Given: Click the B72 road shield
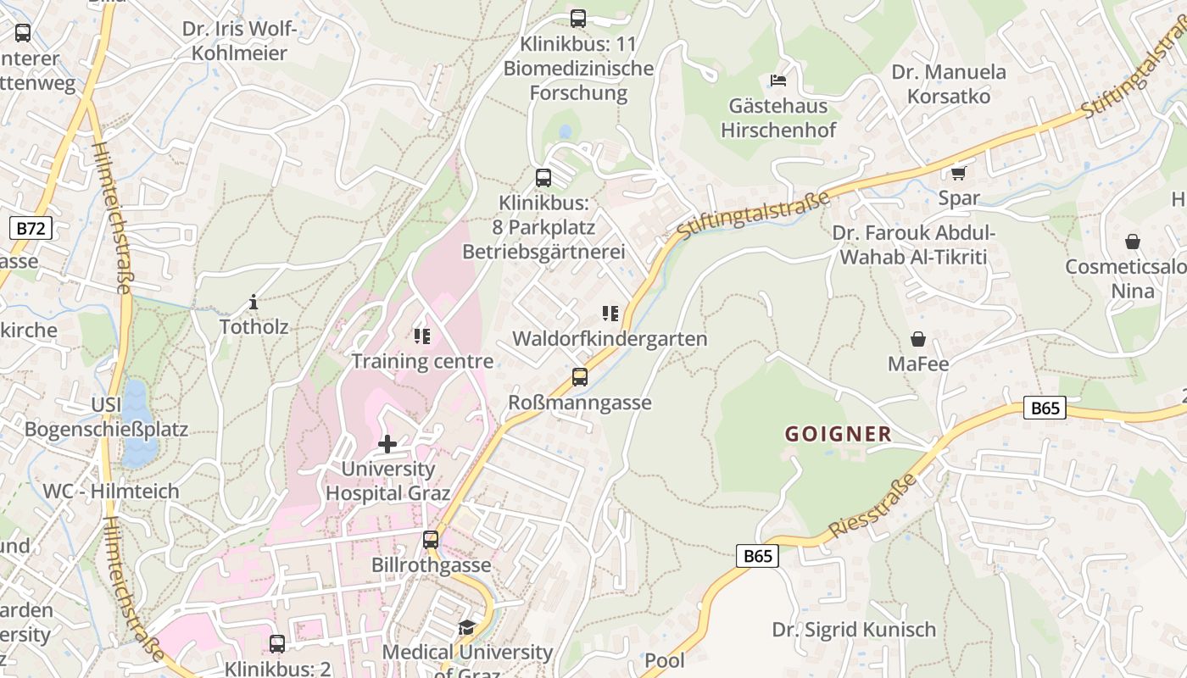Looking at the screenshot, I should coord(31,227).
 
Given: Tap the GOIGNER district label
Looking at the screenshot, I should coord(838,435).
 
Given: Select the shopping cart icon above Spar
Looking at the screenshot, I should coord(958,173).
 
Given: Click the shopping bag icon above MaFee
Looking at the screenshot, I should coord(917,339).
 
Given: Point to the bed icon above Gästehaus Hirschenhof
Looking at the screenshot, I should coord(777,81).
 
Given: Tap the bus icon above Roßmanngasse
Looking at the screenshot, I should coord(579,377).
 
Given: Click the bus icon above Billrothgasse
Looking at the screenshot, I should coord(431,540).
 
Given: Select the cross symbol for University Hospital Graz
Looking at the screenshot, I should coord(387,443).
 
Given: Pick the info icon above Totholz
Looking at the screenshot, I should coord(253,302).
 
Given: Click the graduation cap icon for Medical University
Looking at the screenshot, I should coord(466,627).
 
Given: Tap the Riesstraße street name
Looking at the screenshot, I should coord(872,506).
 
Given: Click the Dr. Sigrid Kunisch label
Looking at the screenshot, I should coord(854,630).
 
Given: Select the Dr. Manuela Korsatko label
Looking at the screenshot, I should coord(948,84).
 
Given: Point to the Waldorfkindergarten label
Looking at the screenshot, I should coord(610,339).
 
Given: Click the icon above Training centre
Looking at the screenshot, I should coord(421,336).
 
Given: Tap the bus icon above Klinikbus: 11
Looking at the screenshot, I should coord(578,18).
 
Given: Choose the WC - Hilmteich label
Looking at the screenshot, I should coord(111,491).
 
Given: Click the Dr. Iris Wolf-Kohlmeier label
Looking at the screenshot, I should coord(240,41).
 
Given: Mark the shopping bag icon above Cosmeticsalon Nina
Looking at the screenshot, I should coord(1132,242).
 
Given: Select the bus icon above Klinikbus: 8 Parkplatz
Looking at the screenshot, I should coord(543,178).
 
